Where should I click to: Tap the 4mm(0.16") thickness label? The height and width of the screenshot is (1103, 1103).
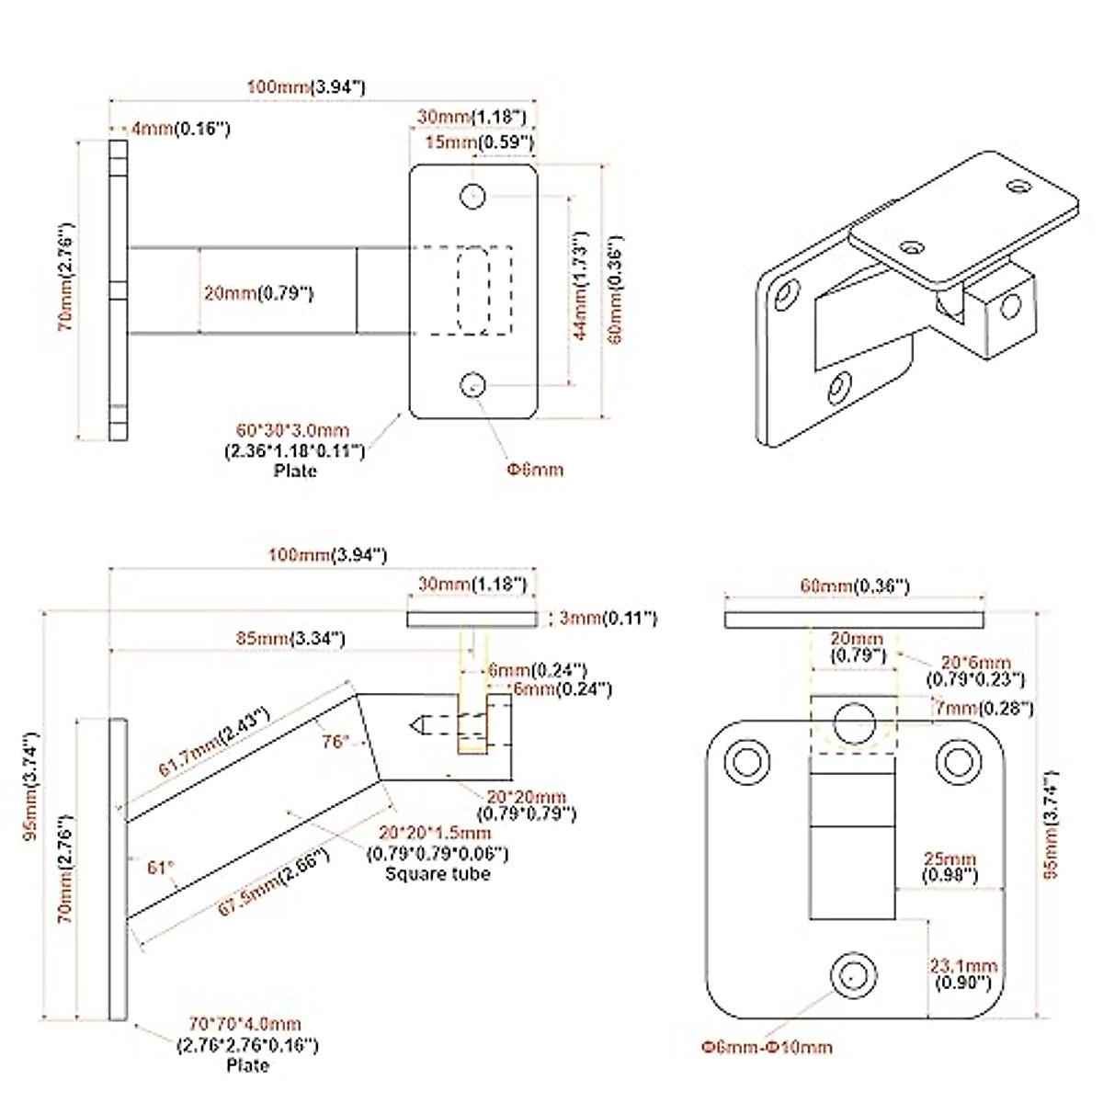pos(179,130)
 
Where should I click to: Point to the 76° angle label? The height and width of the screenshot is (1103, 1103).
pos(335,741)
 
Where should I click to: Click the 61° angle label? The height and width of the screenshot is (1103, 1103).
pos(161,866)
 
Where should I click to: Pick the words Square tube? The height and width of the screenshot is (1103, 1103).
pos(438,873)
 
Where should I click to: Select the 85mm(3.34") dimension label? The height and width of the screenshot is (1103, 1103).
pos(288,637)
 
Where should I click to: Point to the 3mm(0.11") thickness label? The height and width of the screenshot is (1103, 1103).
pos(607,618)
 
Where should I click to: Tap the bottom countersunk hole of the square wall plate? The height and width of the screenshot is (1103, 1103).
pos(853,972)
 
